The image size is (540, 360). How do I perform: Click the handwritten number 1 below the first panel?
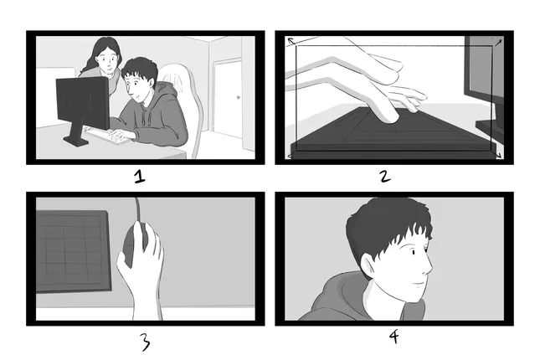[140, 177]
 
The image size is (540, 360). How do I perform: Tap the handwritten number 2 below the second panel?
[385, 177]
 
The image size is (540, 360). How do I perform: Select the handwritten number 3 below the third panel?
[146, 342]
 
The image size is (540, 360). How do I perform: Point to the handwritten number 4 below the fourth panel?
[394, 337]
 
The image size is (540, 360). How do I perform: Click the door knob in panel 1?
[239, 97]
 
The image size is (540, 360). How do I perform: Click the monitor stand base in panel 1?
[76, 141]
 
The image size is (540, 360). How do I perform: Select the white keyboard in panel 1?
[107, 136]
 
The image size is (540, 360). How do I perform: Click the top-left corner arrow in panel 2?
[292, 42]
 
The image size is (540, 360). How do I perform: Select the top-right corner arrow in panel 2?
[497, 43]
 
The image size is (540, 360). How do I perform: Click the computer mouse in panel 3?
[135, 244]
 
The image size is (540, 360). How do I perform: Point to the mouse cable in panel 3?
[138, 209]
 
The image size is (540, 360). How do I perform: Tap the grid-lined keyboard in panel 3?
[74, 251]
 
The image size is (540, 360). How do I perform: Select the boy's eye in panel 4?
[414, 253]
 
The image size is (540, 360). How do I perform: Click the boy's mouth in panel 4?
[418, 285]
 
